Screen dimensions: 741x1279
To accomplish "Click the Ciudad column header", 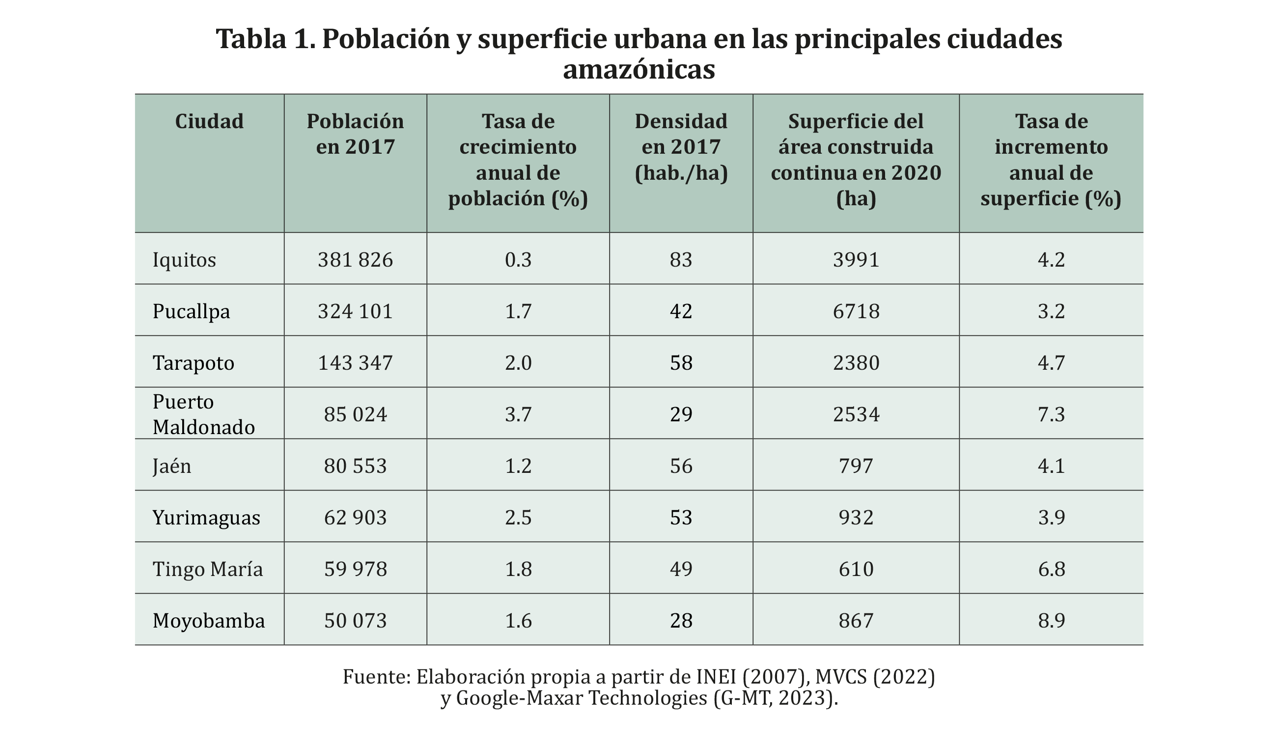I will [x=209, y=121].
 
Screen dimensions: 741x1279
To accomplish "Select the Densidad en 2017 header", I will [x=681, y=147].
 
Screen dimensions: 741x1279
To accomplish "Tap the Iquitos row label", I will [x=184, y=260].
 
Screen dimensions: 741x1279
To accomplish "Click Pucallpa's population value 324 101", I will [x=355, y=311].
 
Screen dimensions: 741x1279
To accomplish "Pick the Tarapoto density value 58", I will [x=681, y=363].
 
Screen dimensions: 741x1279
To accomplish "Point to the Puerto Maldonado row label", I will [x=203, y=414].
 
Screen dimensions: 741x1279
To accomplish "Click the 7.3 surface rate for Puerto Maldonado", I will [x=1051, y=414].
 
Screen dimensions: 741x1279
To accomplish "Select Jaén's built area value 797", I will [x=856, y=466].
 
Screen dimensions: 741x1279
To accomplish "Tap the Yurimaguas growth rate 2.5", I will [x=518, y=518].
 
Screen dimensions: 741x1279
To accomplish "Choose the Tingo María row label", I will [x=208, y=569].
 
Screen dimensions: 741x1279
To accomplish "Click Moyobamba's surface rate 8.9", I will [x=1051, y=621].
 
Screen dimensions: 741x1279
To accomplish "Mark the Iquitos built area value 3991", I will [x=856, y=260].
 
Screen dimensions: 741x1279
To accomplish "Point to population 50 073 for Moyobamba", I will [x=355, y=621].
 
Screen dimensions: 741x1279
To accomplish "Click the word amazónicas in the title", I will [x=639, y=70].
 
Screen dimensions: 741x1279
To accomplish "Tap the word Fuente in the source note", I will [x=376, y=677].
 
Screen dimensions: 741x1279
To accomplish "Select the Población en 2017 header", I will [x=355, y=134].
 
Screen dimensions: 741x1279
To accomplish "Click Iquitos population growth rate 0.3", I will [x=518, y=260].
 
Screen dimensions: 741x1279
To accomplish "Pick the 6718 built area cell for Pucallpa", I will [x=856, y=311].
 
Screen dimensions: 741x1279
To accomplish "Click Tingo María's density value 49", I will [x=681, y=569].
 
